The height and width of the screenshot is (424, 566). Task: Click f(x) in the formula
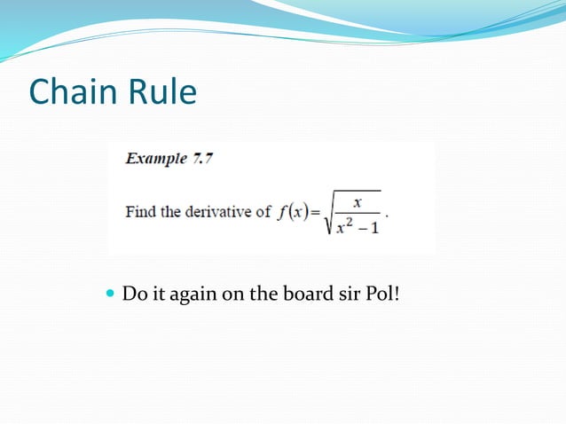(292, 213)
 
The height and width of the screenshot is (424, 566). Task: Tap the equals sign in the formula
(316, 214)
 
